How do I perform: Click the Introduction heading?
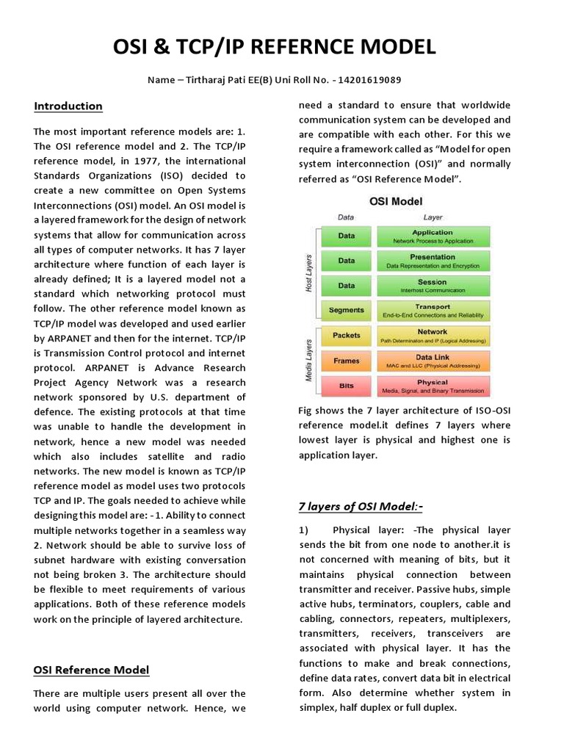click(x=68, y=106)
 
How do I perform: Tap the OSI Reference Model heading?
click(x=91, y=669)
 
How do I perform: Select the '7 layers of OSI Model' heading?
click(x=361, y=506)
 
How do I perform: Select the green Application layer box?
click(x=433, y=236)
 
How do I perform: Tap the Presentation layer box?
click(x=433, y=261)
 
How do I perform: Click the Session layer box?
click(x=433, y=285)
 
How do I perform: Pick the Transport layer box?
click(x=433, y=310)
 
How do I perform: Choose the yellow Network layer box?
click(x=433, y=335)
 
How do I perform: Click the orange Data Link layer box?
click(x=433, y=360)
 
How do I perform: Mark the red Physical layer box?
click(x=433, y=386)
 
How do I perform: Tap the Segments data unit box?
click(x=346, y=310)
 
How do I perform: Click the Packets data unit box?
click(x=346, y=335)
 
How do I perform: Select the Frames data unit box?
click(x=346, y=360)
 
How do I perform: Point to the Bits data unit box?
click(x=346, y=386)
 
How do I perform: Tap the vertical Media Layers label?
click(x=309, y=360)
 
